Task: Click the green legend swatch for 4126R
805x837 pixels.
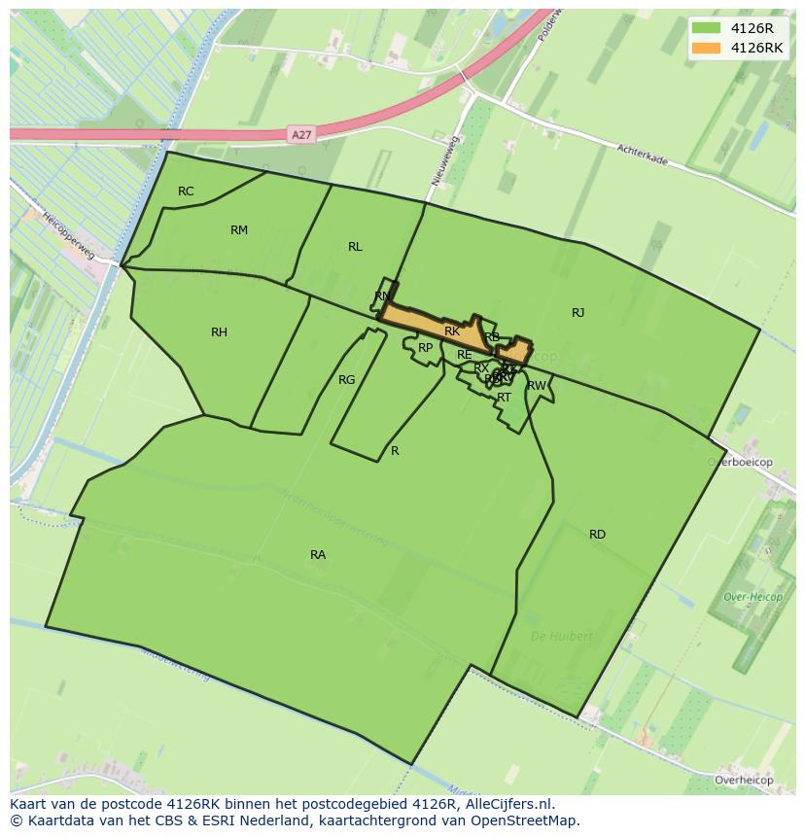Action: click(x=707, y=28)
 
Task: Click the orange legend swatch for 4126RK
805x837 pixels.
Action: click(x=707, y=48)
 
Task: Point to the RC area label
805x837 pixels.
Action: click(x=186, y=192)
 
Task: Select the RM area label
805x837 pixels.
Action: click(x=239, y=230)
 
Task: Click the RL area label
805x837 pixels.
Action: click(x=355, y=247)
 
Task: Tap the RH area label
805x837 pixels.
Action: click(x=219, y=332)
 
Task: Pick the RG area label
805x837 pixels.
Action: click(x=346, y=380)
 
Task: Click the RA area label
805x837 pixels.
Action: click(x=318, y=555)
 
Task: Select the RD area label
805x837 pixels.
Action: click(x=597, y=535)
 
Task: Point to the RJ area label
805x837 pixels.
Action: click(x=577, y=313)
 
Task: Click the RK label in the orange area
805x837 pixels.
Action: click(x=451, y=331)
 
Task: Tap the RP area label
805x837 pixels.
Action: click(x=425, y=348)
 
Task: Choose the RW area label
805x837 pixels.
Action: click(x=536, y=386)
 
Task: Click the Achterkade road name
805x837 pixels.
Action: click(x=643, y=154)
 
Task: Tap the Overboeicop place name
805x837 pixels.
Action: click(x=740, y=463)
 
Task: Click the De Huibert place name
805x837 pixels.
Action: click(x=561, y=637)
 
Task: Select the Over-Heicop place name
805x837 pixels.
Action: click(x=749, y=597)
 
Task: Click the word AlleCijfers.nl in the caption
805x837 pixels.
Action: click(x=509, y=804)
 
